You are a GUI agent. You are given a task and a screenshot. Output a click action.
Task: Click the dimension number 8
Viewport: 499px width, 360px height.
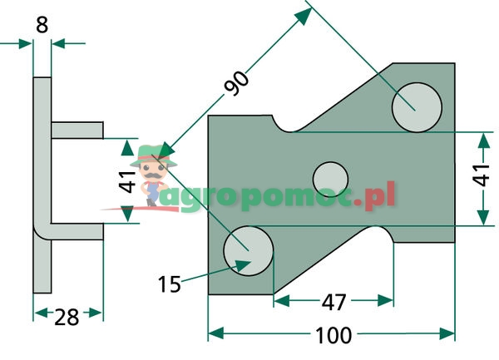click(x=42, y=25)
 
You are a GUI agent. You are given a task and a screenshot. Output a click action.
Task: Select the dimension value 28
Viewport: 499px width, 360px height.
click(x=67, y=317)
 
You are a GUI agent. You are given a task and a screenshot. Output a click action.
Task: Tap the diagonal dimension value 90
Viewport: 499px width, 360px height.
click(x=236, y=83)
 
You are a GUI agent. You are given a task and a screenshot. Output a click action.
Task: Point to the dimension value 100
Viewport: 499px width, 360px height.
click(x=333, y=336)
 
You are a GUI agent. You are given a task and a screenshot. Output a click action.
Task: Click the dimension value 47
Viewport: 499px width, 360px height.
click(x=333, y=303)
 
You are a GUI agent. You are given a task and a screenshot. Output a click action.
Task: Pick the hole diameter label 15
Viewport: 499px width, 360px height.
click(x=170, y=284)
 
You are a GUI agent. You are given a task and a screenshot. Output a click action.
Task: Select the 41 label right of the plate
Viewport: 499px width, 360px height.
click(x=481, y=175)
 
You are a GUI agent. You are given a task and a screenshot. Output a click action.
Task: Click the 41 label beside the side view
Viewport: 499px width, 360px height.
click(x=127, y=181)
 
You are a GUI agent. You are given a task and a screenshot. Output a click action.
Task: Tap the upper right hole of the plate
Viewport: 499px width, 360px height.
click(x=417, y=107)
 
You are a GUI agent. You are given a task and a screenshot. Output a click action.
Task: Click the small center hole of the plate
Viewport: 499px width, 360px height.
click(x=330, y=180)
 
